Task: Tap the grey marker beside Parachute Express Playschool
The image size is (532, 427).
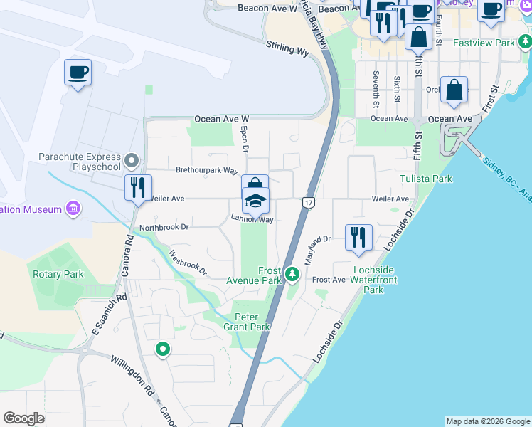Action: point(131,159)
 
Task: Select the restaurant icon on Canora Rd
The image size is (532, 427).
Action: point(137,189)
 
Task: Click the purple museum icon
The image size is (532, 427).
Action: point(73,209)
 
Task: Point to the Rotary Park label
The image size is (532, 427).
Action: point(58,274)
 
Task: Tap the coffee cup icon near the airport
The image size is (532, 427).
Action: point(78,73)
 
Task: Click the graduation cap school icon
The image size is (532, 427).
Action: point(255,201)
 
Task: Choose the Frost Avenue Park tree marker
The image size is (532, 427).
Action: point(292,274)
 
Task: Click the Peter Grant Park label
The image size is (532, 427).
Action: point(252,322)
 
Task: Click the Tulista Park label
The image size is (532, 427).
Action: point(426,179)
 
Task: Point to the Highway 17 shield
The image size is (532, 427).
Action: point(308,203)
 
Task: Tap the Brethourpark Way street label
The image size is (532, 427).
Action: point(206,171)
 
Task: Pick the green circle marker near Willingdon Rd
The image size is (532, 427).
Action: point(163,349)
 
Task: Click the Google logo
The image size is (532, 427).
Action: point(23,418)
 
